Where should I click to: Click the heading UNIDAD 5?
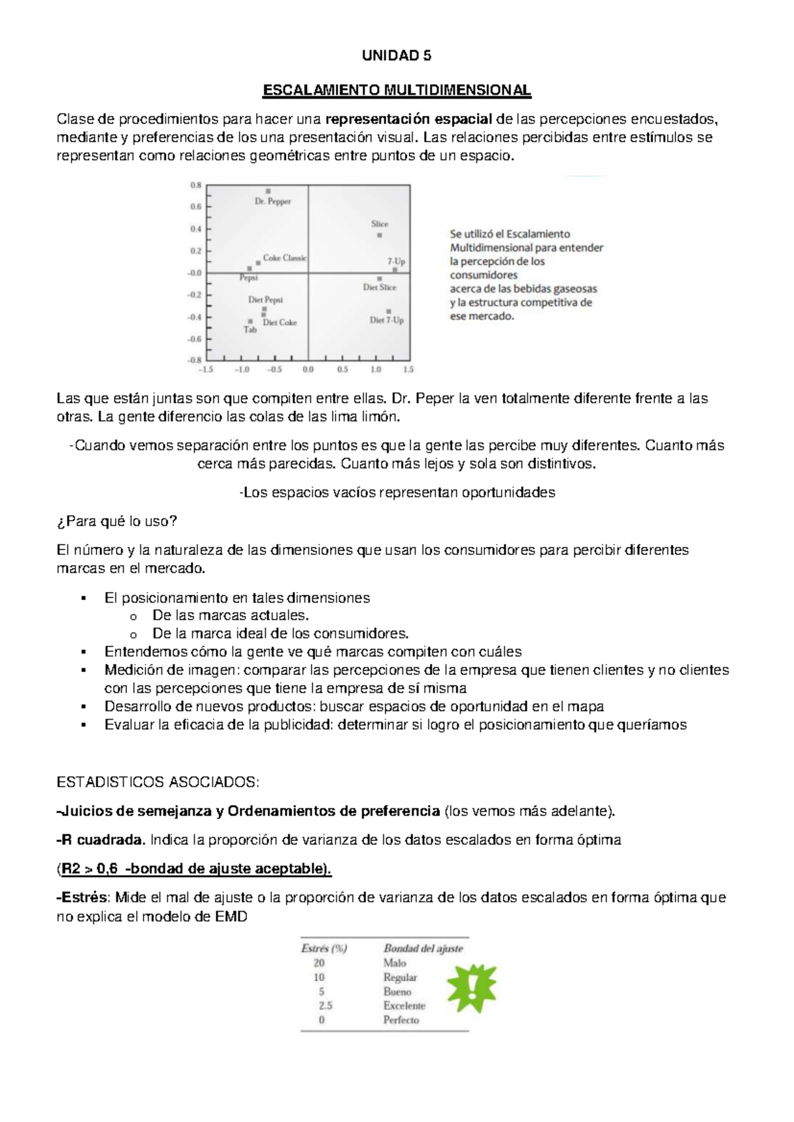pos(396,56)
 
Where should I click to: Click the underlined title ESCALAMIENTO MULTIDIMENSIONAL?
pos(396,90)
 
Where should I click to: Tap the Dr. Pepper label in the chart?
pos(273,201)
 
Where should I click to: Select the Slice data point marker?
pos(380,235)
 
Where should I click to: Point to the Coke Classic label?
pos(285,258)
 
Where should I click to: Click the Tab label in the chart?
pos(250,329)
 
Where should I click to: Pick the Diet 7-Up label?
pos(386,320)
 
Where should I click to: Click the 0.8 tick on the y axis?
pos(196,185)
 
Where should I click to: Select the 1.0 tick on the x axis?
pos(376,370)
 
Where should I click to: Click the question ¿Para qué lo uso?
pos(117,521)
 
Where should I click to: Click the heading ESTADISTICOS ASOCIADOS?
pos(158,783)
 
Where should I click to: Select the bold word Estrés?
pos(84,898)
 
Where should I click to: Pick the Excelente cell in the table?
pos(404,1006)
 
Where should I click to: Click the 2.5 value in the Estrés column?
pos(325,1006)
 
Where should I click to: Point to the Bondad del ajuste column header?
pos(423,949)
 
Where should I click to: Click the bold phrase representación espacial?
pos(409,119)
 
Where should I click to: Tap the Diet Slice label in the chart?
pos(380,288)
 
